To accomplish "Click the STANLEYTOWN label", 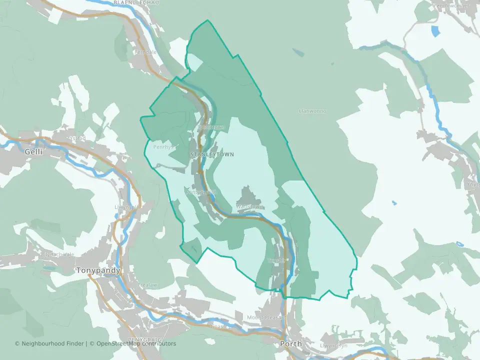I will tap(212, 154).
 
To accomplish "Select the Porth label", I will tap(290, 344).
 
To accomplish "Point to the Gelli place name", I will tap(33, 151).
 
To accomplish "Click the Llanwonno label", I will tap(312, 111).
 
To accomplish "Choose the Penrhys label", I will tap(163, 147).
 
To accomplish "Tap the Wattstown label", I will tap(249, 206).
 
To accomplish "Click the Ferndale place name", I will tap(145, 51).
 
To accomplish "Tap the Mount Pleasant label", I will tap(266, 317).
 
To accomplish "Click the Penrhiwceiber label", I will tap(451, 5).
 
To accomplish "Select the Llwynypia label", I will tap(125, 206).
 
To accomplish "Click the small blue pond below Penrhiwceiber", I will tap(436, 30).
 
